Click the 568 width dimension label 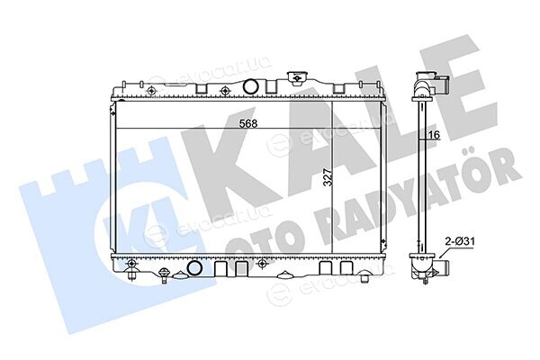pos(248,123)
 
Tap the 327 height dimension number pos(328,177)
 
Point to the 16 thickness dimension pos(435,135)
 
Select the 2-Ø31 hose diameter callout pos(460,241)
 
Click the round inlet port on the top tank pos(250,86)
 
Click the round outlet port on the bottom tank pos(194,268)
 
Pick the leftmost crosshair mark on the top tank pos(151,91)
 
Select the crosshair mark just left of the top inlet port pos(224,91)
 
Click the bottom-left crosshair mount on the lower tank pos(131,264)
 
